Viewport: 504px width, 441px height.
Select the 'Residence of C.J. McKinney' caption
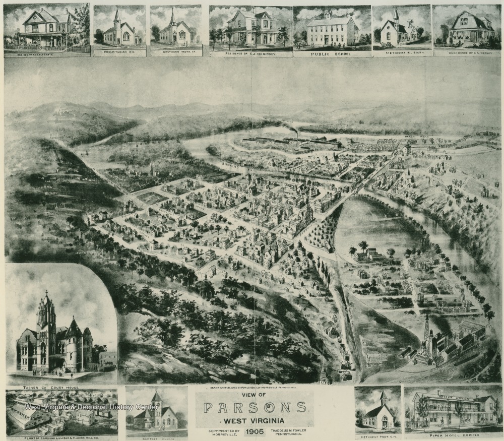click(x=250, y=52)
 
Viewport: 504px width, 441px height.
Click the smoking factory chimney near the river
click(x=297, y=135)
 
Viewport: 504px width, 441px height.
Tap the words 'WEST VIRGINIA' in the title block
click(x=255, y=420)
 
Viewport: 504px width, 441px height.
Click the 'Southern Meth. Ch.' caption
click(x=175, y=52)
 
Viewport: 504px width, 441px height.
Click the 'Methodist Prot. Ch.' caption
click(x=378, y=436)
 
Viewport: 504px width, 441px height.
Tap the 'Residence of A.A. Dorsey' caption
click(x=464, y=52)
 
